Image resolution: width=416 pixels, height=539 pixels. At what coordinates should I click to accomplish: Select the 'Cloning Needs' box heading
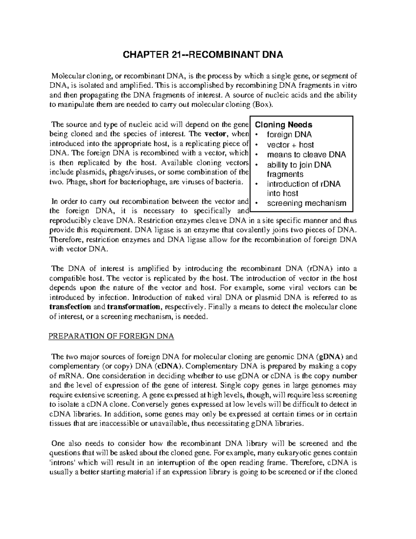pos(283,125)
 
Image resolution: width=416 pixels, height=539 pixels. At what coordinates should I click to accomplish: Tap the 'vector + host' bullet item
pos(290,145)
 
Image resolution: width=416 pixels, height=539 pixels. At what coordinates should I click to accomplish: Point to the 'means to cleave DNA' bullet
pos(306,155)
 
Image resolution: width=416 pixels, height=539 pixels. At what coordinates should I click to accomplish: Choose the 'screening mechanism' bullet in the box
pos(306,203)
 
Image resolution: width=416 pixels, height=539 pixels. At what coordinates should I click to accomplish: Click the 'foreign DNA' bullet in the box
pos(289,135)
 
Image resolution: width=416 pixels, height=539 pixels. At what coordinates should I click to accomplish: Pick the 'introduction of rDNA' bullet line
pos(303,184)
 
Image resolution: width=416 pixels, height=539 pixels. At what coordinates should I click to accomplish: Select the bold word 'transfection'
pos(70,307)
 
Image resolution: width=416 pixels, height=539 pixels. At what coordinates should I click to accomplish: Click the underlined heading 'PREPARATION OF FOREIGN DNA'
pos(111,336)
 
